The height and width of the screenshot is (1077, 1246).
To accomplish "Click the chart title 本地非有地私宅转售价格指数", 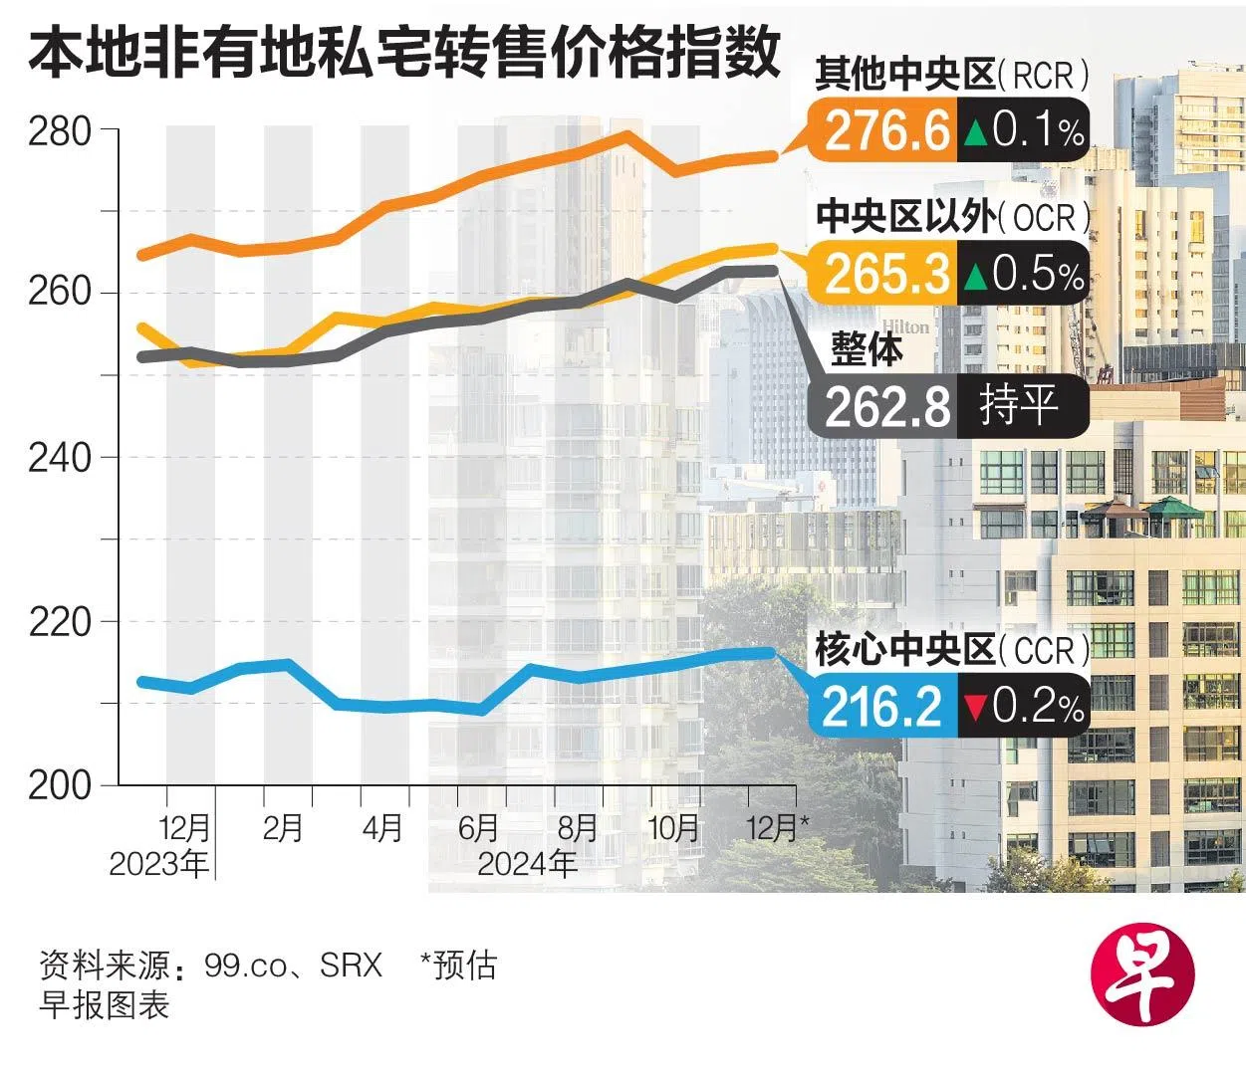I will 403,53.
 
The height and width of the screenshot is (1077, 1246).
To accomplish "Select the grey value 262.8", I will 886,406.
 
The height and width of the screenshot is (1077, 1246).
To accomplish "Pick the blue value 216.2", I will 882,707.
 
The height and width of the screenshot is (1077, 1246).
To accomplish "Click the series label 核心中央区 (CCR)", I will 951,651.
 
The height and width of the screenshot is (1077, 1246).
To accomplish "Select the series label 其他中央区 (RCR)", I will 951,76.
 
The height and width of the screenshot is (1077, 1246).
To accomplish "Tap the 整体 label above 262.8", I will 867,349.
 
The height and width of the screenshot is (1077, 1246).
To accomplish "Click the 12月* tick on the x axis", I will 779,827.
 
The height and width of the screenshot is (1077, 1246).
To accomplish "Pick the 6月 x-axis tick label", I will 478,827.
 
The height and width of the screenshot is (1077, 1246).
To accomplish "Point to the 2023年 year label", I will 159,863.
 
